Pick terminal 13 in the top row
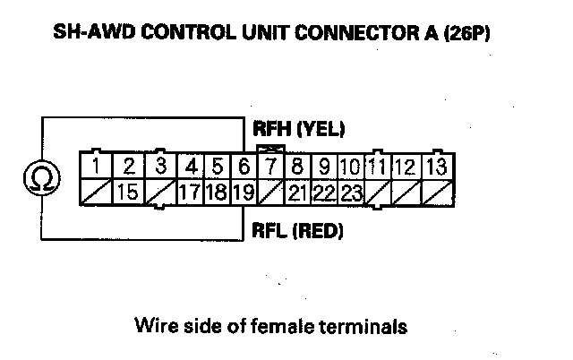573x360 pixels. pyautogui.click(x=437, y=167)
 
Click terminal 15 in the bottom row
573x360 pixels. pyautogui.click(x=128, y=192)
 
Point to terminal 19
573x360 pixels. pyautogui.click(x=244, y=192)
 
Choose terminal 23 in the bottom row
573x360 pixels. pyautogui.click(x=350, y=192)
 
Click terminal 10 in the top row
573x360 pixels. pyautogui.click(x=350, y=167)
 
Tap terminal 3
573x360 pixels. pyautogui.click(x=160, y=167)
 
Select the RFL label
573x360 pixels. pyautogui.click(x=268, y=232)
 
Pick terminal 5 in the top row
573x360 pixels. pyautogui.click(x=218, y=167)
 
